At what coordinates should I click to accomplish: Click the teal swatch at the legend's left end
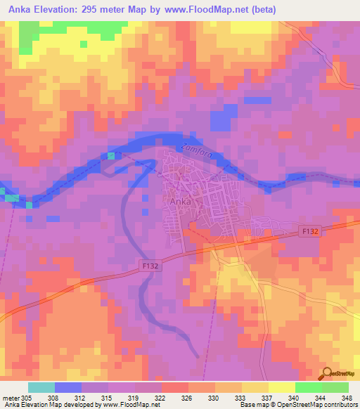[41, 387]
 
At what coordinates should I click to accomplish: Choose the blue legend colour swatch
[68, 387]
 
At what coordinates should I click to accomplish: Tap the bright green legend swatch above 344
[309, 387]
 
